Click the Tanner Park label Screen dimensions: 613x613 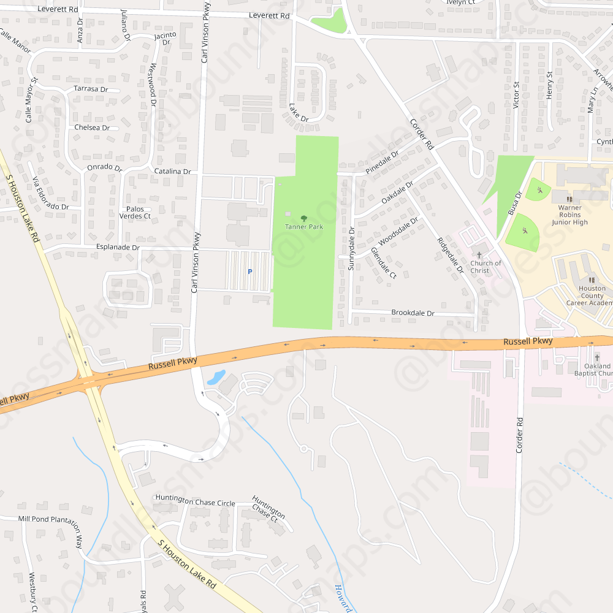[304, 227]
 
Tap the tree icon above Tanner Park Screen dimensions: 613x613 [304, 218]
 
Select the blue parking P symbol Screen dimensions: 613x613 [249, 272]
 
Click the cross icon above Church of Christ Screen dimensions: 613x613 [479, 254]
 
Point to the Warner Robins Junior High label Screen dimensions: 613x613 [569, 215]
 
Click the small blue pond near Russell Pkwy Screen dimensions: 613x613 [216, 377]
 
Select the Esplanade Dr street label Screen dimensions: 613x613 [118, 248]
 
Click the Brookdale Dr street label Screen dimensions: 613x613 [413, 313]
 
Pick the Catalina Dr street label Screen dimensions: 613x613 [172, 172]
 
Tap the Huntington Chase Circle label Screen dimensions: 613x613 [195, 503]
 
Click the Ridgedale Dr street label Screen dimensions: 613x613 [450, 255]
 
